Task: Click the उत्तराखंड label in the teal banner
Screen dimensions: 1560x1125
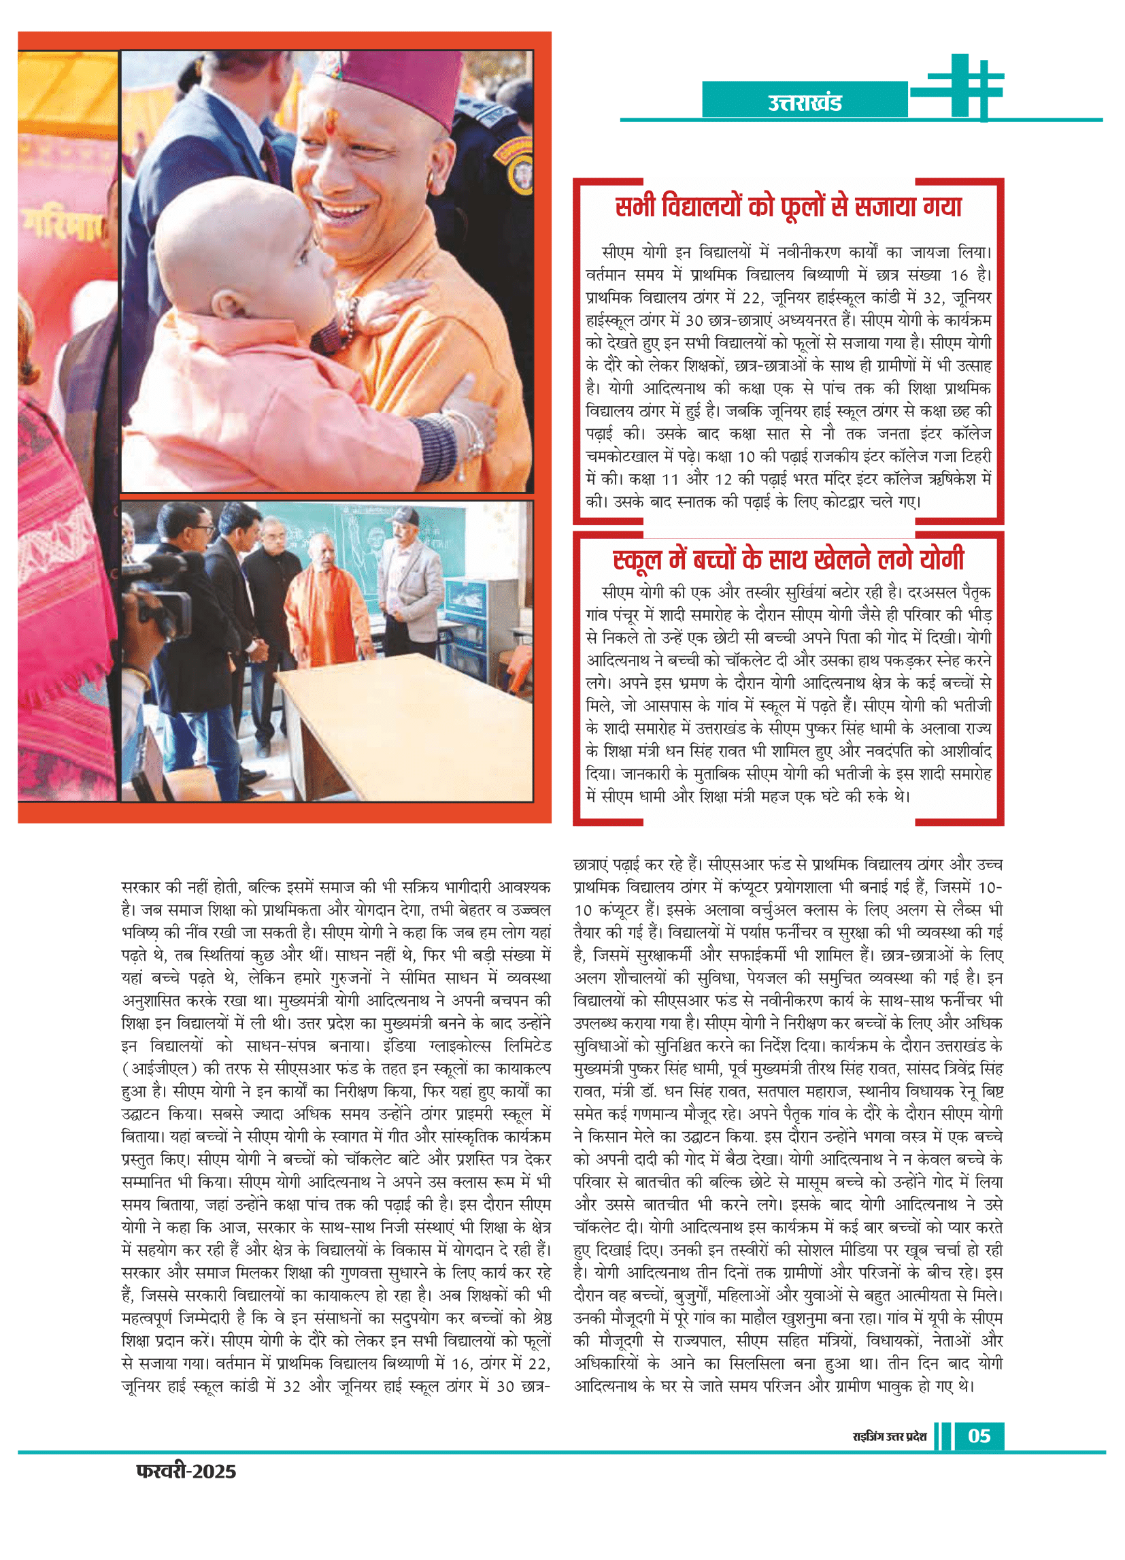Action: (x=804, y=103)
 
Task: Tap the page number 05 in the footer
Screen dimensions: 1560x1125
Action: (x=979, y=1435)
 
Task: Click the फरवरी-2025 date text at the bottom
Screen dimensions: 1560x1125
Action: (x=186, y=1472)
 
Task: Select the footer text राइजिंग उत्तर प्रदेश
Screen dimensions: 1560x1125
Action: (x=889, y=1436)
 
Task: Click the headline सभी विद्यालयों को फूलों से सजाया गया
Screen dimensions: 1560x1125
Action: (x=788, y=206)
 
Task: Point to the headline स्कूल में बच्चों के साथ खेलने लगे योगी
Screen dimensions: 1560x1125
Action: (x=788, y=559)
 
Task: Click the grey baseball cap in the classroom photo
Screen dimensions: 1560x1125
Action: (x=402, y=516)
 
